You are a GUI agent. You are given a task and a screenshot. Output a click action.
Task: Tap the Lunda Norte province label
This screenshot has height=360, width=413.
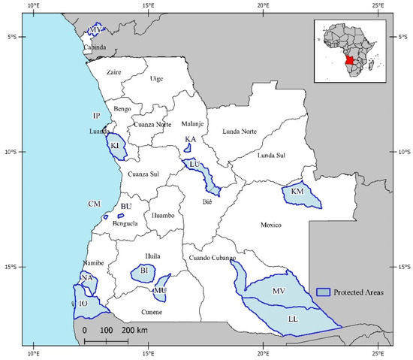click(240, 132)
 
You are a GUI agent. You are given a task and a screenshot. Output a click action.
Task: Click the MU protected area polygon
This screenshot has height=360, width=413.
click(160, 289)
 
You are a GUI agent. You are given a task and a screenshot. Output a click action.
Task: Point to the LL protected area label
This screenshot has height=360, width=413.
click(294, 319)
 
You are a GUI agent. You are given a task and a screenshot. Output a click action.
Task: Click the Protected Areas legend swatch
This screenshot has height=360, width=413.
click(324, 291)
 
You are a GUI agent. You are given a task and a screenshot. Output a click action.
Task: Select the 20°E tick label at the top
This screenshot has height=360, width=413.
click(263, 7)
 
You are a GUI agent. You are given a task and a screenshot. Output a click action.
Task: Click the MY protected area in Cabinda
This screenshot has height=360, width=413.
click(95, 31)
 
